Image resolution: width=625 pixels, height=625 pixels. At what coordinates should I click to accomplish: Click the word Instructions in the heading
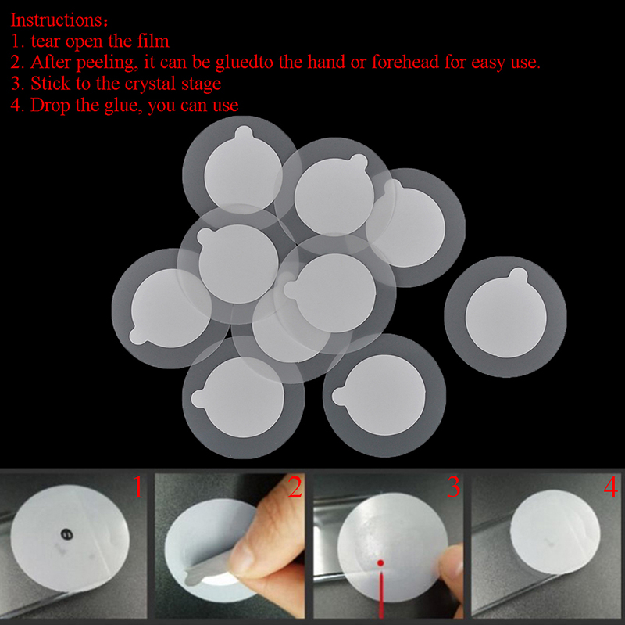tap(56, 20)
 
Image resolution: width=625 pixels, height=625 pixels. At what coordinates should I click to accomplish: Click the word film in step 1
tap(153, 41)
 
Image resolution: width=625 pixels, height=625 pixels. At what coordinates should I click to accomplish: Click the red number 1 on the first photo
tap(138, 487)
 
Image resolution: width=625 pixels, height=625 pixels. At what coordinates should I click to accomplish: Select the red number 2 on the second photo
tap(295, 487)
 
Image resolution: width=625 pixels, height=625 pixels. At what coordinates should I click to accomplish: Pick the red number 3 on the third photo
tap(454, 487)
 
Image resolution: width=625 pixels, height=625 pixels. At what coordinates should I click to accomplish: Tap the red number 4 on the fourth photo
tap(611, 487)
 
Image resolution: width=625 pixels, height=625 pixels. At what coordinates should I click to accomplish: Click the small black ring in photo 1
tap(66, 533)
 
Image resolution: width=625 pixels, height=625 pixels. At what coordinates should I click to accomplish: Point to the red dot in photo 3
tap(380, 563)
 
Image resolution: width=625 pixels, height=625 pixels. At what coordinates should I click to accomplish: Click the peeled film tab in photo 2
tap(211, 572)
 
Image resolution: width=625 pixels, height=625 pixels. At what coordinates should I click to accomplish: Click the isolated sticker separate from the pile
tap(505, 317)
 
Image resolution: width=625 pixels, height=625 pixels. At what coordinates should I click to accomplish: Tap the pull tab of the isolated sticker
tap(519, 275)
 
